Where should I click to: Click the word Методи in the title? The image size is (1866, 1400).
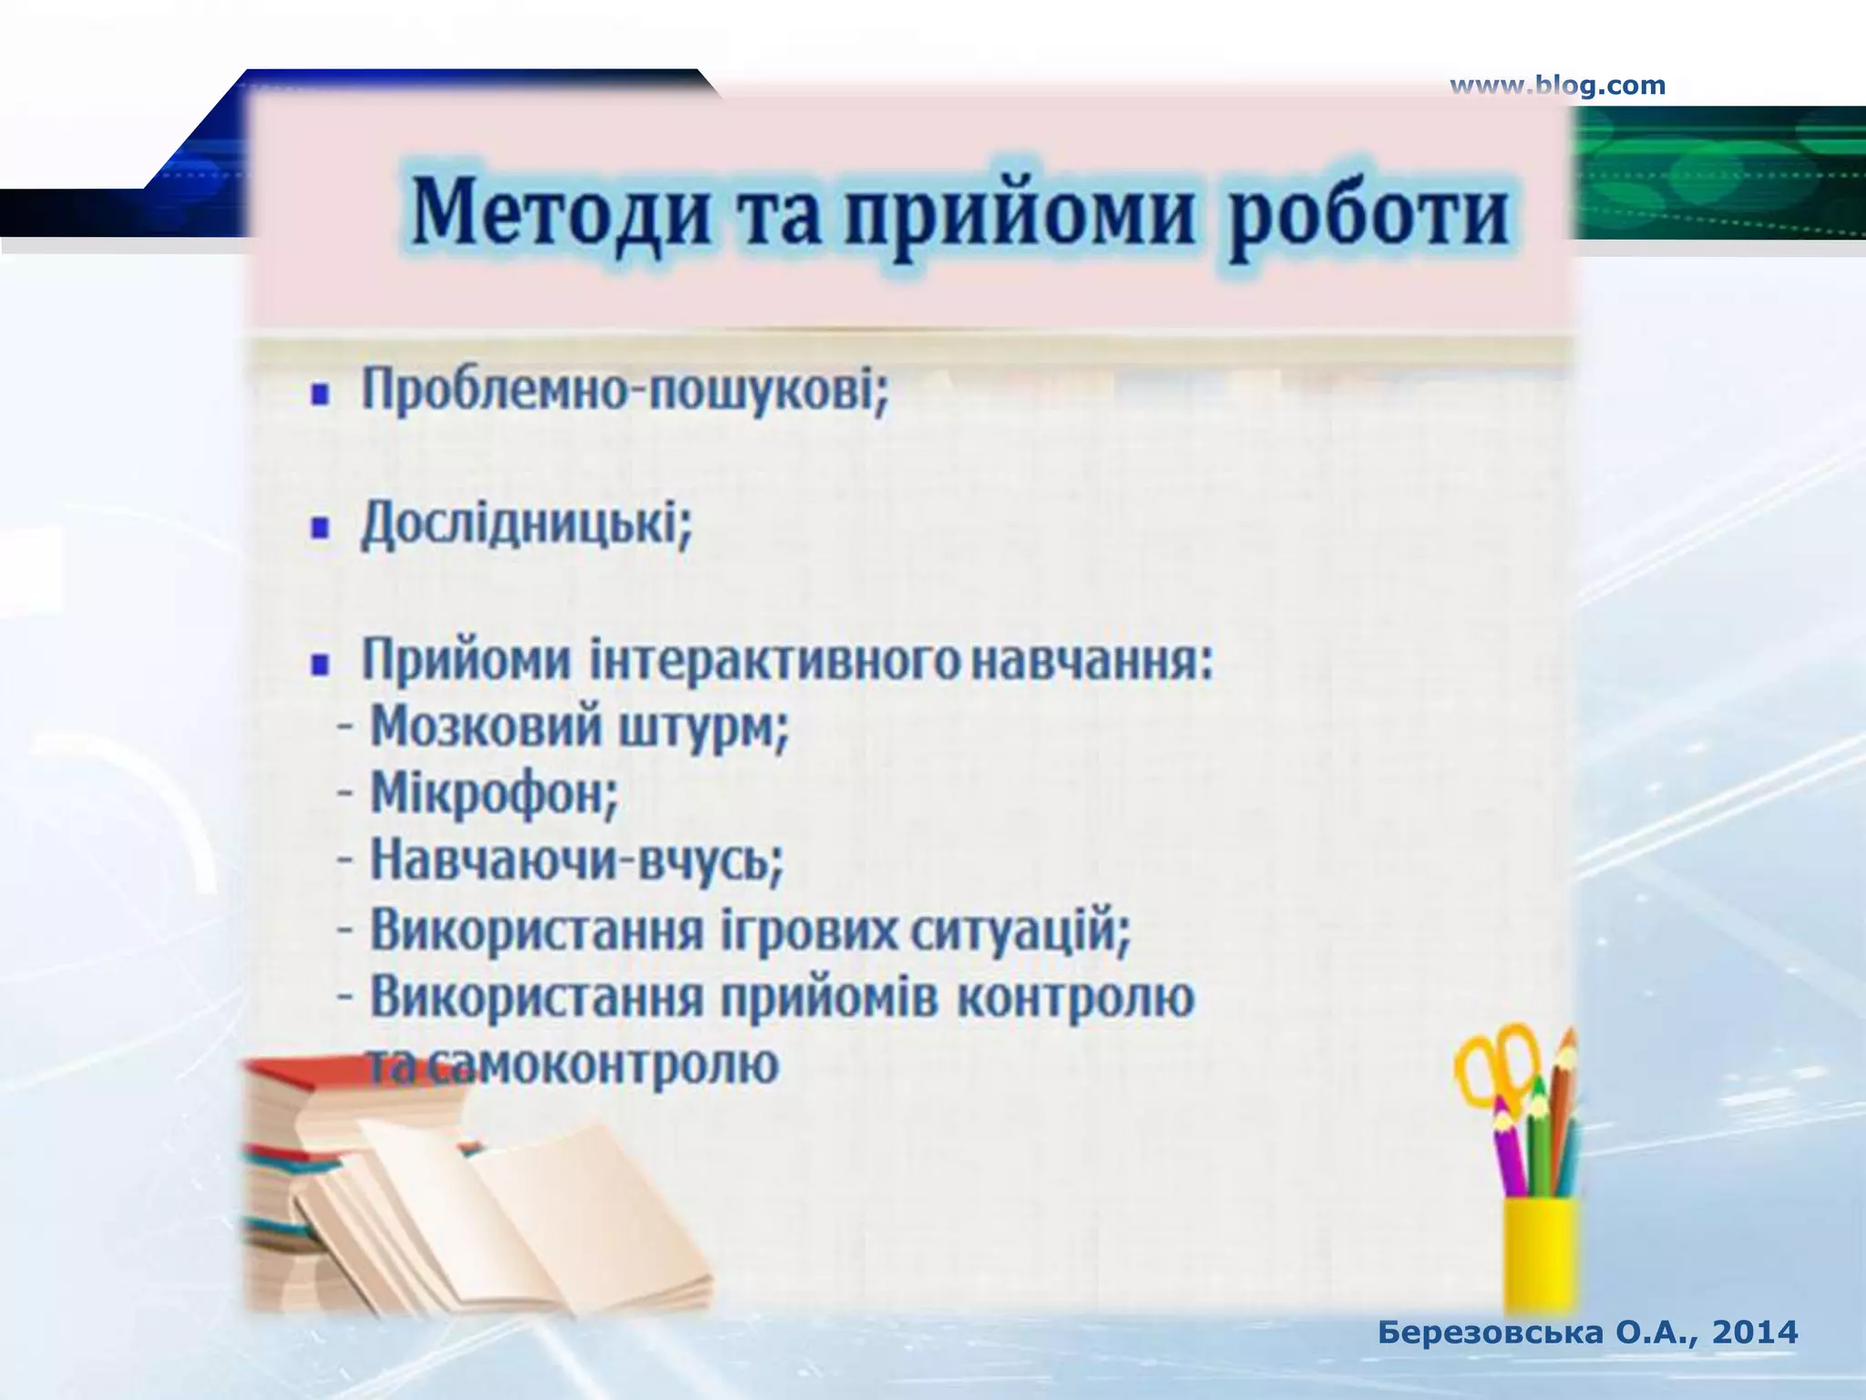(x=559, y=215)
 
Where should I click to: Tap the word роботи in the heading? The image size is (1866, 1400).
(x=1367, y=215)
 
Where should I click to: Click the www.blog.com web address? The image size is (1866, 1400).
(x=1557, y=86)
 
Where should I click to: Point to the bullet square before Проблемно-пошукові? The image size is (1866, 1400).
(x=320, y=396)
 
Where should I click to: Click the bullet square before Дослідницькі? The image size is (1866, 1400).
(x=320, y=530)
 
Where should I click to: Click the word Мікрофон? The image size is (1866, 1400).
(x=493, y=794)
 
